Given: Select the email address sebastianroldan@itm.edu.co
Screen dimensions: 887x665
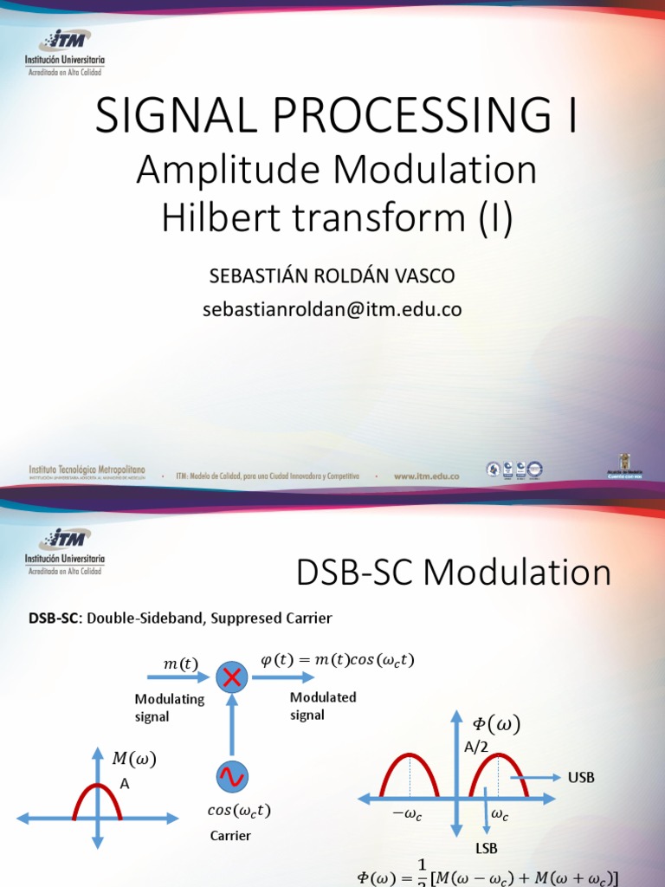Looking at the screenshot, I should pyautogui.click(x=332, y=309).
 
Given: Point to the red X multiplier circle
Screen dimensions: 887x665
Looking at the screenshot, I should pyautogui.click(x=232, y=677).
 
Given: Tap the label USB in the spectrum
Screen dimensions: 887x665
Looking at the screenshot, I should pyautogui.click(x=581, y=777).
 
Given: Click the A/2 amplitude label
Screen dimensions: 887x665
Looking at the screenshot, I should pyautogui.click(x=477, y=748).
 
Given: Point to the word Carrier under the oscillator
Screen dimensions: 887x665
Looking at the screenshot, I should pyautogui.click(x=230, y=836).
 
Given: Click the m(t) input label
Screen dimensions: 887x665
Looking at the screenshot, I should pyautogui.click(x=181, y=664).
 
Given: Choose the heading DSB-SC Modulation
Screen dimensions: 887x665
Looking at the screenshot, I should pyautogui.click(x=454, y=573).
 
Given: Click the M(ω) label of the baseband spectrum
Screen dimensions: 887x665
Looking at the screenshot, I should pyautogui.click(x=134, y=759).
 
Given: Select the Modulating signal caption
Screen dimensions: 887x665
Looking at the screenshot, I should pyautogui.click(x=169, y=708).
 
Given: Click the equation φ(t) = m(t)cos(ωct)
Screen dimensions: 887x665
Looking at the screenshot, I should pyautogui.click(x=338, y=660).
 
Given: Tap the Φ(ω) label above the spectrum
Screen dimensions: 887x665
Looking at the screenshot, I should pyautogui.click(x=497, y=725).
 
